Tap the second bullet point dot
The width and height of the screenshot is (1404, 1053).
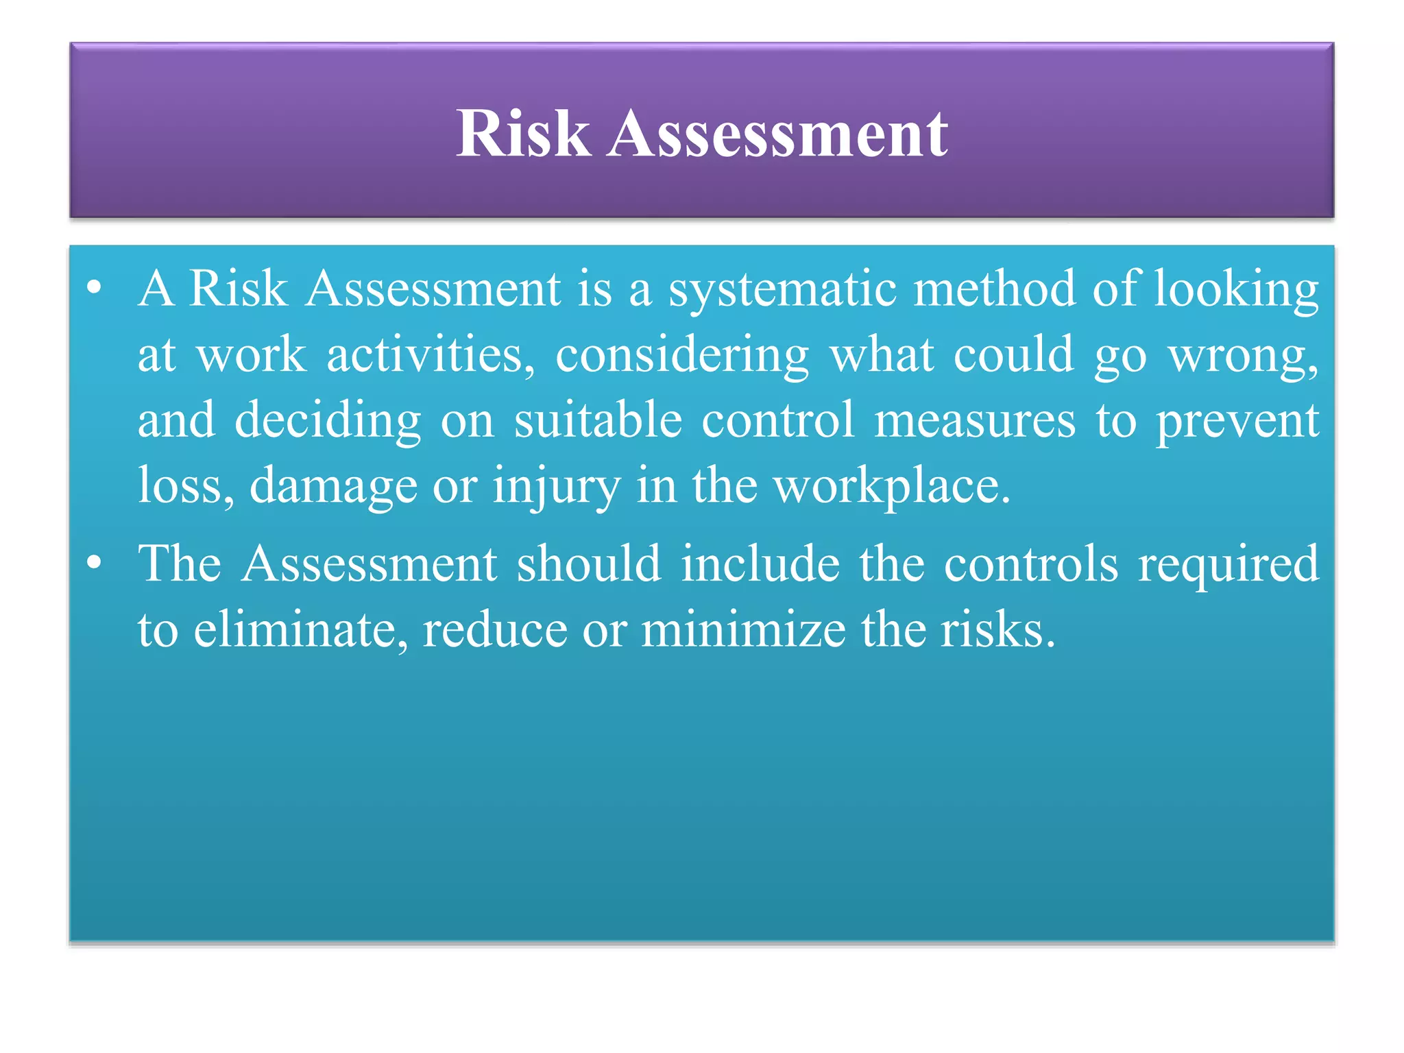[95, 564]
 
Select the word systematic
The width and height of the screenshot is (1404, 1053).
[782, 289]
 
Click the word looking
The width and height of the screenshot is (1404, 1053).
[1236, 289]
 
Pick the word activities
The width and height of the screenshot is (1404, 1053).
[430, 355]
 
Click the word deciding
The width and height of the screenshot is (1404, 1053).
[328, 421]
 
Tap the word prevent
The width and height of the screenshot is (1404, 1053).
[1237, 421]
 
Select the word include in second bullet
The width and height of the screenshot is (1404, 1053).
[760, 564]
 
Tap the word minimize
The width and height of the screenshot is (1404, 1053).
[743, 629]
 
